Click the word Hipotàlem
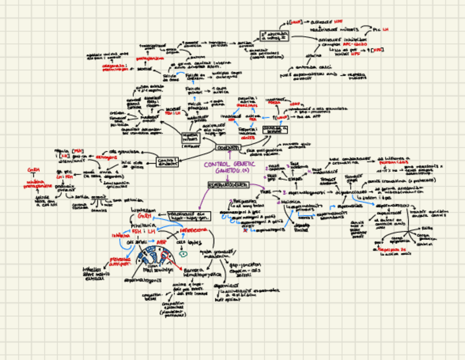(x=141, y=210)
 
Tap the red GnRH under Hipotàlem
(x=144, y=217)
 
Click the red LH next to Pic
(x=385, y=29)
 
